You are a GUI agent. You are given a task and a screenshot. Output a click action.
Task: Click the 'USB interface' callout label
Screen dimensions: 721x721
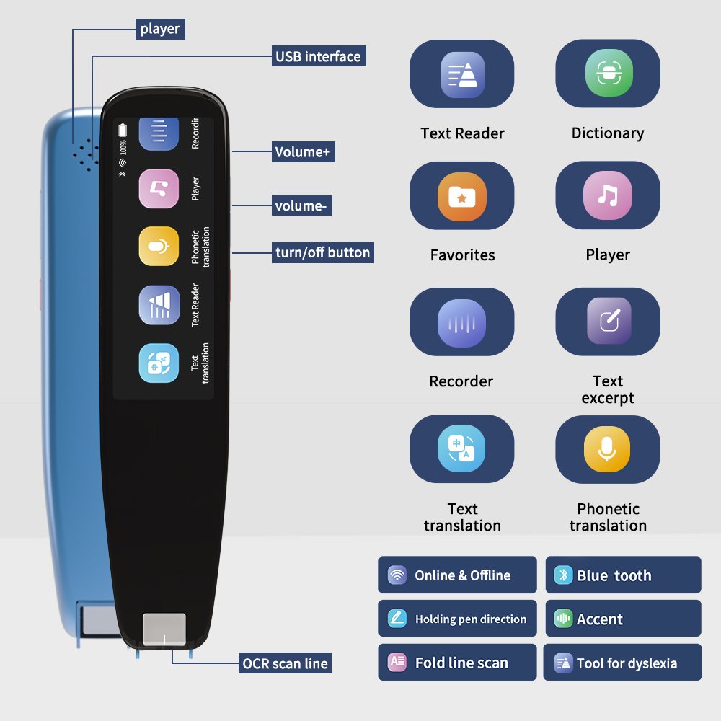click(318, 56)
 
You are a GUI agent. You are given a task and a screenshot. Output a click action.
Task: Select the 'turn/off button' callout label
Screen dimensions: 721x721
click(322, 252)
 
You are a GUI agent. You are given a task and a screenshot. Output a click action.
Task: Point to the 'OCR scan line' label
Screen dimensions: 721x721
click(286, 663)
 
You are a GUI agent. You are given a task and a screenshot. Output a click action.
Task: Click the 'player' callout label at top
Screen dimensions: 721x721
click(160, 30)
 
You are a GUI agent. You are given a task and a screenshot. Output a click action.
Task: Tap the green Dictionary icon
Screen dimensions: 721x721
click(608, 74)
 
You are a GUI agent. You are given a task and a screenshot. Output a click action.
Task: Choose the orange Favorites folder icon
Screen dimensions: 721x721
click(461, 196)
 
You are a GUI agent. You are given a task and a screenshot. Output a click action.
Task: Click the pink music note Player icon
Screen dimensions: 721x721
click(608, 195)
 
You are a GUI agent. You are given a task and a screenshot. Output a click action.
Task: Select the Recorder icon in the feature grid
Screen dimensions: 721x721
click(461, 322)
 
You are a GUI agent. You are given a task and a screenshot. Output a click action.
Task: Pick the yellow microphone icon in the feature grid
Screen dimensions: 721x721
click(607, 449)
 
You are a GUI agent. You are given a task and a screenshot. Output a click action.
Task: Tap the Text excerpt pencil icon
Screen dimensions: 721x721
click(608, 322)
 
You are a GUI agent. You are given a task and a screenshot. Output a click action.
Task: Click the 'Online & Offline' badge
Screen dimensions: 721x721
click(457, 575)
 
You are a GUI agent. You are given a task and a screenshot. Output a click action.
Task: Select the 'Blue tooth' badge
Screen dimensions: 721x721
click(623, 575)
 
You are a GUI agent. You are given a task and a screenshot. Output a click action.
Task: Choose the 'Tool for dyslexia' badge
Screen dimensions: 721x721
click(622, 663)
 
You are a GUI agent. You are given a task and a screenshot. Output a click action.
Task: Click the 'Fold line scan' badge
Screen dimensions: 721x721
click(457, 663)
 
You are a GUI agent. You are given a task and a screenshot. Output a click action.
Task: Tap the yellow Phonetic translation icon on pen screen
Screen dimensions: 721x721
click(159, 247)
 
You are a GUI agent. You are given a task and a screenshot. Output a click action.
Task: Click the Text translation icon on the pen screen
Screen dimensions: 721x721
click(159, 363)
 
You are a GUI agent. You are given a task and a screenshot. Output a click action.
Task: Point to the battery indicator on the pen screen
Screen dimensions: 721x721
click(123, 130)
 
